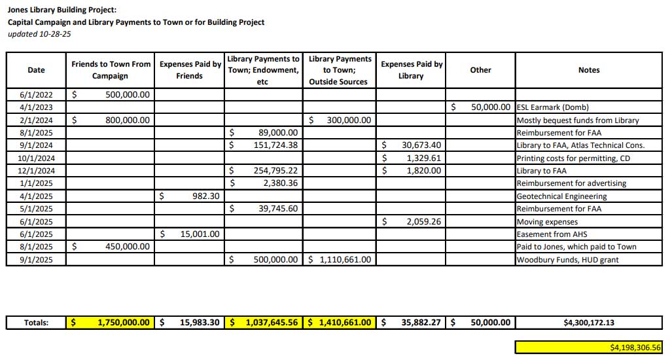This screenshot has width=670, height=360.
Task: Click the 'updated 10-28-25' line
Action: click(39, 33)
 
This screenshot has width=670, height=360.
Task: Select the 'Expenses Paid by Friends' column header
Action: click(190, 70)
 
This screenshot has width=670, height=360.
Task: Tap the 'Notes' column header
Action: click(588, 70)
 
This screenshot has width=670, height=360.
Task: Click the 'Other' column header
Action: click(480, 70)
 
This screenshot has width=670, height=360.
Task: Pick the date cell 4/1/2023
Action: click(36, 107)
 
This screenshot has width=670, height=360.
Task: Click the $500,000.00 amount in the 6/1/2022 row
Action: click(127, 94)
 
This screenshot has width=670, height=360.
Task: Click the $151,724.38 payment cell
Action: click(274, 145)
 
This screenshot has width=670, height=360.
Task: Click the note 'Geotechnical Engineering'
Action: click(561, 196)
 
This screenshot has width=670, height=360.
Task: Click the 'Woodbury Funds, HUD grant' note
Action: click(567, 259)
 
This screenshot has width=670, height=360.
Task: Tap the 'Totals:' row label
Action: click(36, 322)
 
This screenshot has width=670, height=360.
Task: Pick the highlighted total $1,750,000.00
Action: click(123, 322)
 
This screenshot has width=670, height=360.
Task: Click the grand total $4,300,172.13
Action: click(588, 322)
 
